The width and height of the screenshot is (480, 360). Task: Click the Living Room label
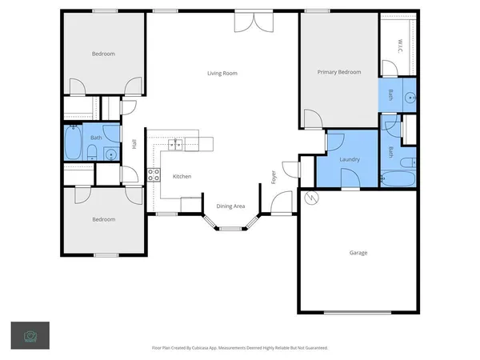pyautogui.click(x=222, y=74)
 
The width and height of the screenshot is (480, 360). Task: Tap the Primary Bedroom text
pyautogui.click(x=338, y=72)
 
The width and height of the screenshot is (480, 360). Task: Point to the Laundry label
pyautogui.click(x=350, y=159)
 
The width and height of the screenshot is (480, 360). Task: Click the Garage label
pyautogui.click(x=358, y=253)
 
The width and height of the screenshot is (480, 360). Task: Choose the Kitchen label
pyautogui.click(x=182, y=176)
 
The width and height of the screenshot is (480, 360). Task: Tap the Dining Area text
pyautogui.click(x=230, y=206)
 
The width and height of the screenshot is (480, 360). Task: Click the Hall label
pyautogui.click(x=134, y=144)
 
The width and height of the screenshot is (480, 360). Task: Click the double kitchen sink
pyautogui.click(x=177, y=144)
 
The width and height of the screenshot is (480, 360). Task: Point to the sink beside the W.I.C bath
pyautogui.click(x=410, y=98)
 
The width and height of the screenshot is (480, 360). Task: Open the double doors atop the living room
pyautogui.click(x=247, y=22)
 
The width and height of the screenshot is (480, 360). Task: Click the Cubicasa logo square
pyautogui.click(x=30, y=335)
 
